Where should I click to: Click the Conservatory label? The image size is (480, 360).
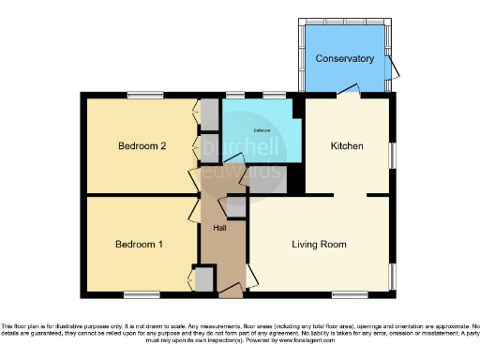coord(344,58)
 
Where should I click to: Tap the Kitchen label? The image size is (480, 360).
coord(347,146)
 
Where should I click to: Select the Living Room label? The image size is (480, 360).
coord(320,245)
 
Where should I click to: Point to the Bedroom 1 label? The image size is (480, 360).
coord(140,245)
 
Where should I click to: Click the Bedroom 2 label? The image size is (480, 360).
coord(142,146)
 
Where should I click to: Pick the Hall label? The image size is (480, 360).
coord(219,228)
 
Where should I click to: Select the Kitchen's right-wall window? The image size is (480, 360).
coord(393,150)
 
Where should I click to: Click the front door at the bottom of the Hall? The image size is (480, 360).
coord(231,293)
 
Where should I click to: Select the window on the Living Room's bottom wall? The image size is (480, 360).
coord(349,294)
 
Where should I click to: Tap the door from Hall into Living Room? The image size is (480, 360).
coord(248,272)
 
